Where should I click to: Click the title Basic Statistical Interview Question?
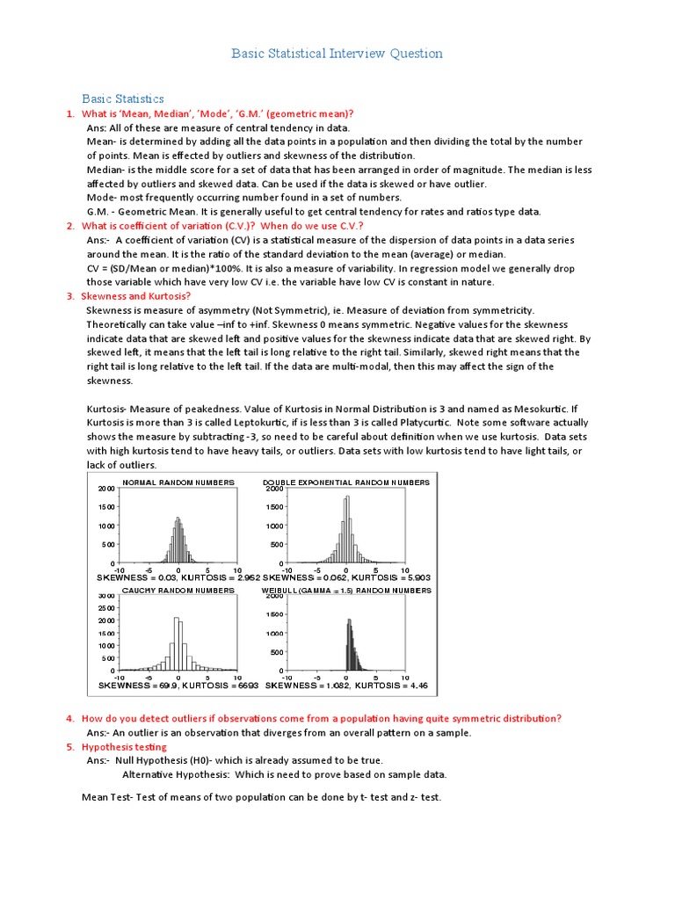(x=337, y=54)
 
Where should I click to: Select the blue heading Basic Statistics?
(x=123, y=98)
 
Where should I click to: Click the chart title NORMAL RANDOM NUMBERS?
(x=178, y=483)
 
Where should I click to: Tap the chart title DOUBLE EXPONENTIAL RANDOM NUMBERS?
(x=346, y=483)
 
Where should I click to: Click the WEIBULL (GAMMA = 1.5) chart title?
(x=346, y=591)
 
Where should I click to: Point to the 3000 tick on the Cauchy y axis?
(x=105, y=596)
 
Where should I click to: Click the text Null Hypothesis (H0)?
(x=167, y=760)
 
